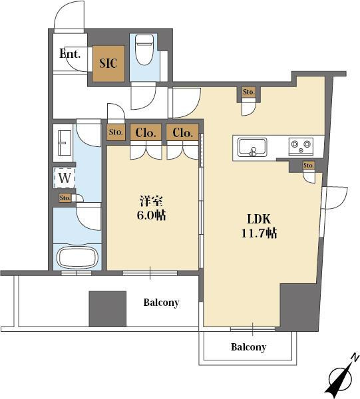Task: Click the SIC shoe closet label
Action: click(x=108, y=63)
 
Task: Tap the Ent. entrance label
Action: click(x=70, y=54)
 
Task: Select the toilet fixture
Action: click(x=144, y=50)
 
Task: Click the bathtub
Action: click(x=77, y=257)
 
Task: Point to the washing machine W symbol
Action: click(x=65, y=178)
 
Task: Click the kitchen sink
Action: click(x=252, y=148)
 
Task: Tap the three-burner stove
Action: click(x=301, y=146)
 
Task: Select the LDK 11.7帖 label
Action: click(x=259, y=226)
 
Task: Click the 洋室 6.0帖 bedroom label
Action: click(x=151, y=208)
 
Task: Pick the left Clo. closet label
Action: click(x=146, y=132)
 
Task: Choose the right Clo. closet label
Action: click(x=182, y=132)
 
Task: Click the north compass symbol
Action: click(x=341, y=376)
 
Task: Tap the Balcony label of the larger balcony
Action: click(x=161, y=303)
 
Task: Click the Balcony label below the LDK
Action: click(x=248, y=347)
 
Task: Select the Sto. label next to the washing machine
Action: click(x=65, y=198)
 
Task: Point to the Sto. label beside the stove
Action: click(x=309, y=166)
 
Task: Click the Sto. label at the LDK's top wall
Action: click(x=248, y=92)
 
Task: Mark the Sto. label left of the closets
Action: click(x=116, y=132)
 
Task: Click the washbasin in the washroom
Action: click(x=65, y=143)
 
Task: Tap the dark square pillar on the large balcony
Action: click(x=107, y=309)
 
